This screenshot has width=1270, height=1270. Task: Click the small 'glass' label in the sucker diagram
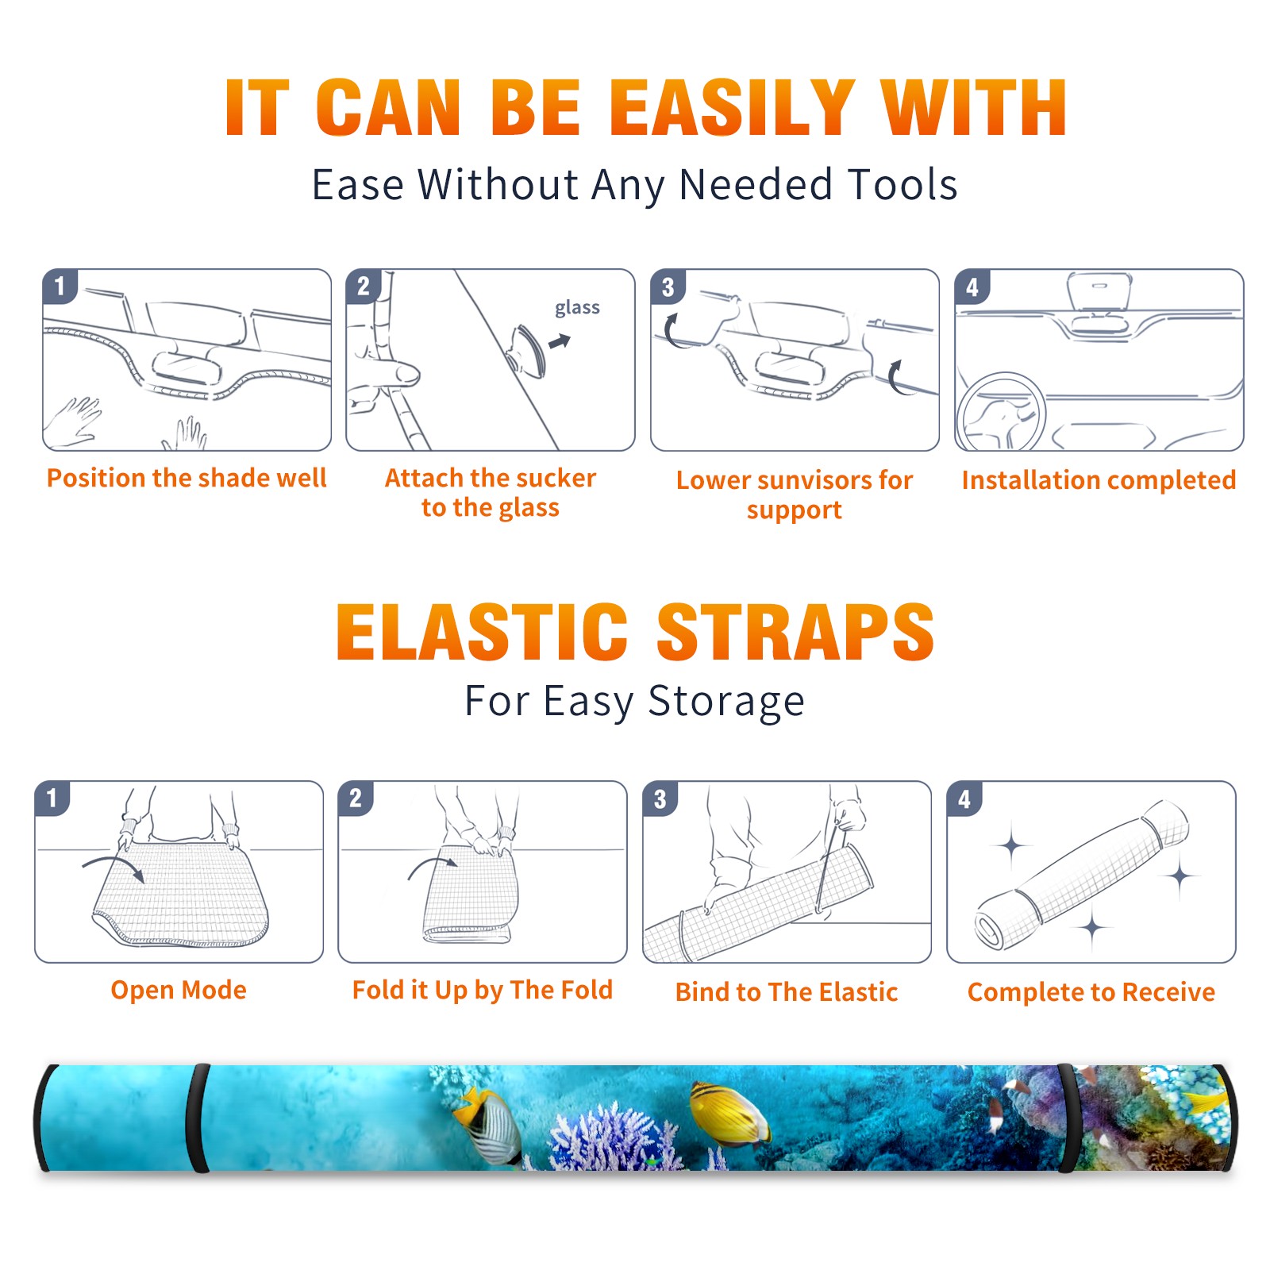point(577,308)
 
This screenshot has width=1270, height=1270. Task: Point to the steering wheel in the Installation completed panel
point(1001,412)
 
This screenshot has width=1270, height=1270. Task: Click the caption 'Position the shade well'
point(187,478)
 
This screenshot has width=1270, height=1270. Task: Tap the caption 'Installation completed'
point(1099,480)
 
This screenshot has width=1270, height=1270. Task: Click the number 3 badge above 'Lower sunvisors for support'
point(668,287)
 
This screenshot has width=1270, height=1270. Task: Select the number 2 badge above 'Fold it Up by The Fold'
point(356,798)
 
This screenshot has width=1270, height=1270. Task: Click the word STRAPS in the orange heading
point(795,632)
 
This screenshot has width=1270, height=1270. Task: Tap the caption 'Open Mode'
point(179,990)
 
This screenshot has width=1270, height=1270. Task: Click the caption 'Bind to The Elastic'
point(787,992)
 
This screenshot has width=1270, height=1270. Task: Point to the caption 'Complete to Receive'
point(1091,992)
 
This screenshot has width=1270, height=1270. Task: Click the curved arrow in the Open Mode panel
point(114,865)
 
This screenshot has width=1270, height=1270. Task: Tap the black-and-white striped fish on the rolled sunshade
point(488,1127)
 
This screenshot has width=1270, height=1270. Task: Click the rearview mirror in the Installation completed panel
point(1099,292)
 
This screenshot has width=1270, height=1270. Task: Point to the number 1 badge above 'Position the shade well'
point(60,285)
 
